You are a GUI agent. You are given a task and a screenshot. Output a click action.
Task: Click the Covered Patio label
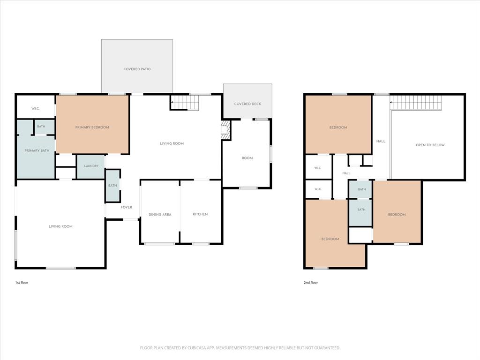point(137,69)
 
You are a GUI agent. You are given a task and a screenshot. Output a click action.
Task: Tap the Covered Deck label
point(247,104)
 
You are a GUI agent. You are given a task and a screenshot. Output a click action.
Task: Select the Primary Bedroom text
point(92,127)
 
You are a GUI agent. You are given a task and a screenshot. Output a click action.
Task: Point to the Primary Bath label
point(37,150)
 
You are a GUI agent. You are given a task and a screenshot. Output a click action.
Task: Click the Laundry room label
point(91,166)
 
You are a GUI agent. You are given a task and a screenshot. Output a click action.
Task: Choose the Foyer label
point(127,207)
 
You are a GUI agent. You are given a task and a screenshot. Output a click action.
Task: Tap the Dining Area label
point(160,215)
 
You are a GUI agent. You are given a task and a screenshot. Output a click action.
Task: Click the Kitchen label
point(200,214)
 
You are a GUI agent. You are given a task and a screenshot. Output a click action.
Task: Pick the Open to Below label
point(430,145)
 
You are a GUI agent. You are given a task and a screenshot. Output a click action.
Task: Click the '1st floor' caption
point(22,283)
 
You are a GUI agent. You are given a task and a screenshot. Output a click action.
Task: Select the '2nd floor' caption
point(311,283)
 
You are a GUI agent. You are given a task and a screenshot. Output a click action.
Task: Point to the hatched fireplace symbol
point(225,130)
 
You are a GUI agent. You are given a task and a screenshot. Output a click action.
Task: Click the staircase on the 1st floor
point(185,102)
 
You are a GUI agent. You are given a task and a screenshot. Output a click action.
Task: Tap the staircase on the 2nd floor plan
point(416,103)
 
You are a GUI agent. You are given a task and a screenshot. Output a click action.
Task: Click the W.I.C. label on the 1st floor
point(35,108)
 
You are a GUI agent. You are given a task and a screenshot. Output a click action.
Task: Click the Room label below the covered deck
point(247,158)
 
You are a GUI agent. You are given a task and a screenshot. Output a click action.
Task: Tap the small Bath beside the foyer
point(112,186)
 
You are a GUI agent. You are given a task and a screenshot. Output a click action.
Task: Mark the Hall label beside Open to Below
point(381,142)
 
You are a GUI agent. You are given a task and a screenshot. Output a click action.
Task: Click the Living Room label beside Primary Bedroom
point(172,143)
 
